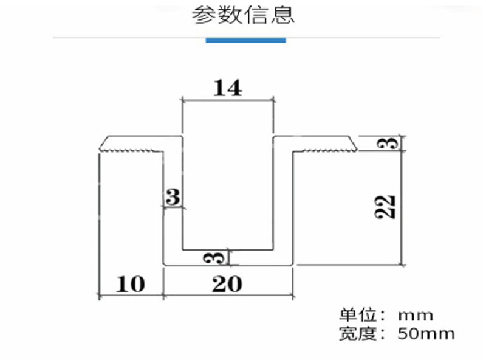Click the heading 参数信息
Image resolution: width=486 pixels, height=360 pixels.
point(243,15)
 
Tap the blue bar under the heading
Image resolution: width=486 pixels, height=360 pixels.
point(245,40)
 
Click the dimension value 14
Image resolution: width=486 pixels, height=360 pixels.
point(227,89)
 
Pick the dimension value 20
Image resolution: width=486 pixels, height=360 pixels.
point(227,284)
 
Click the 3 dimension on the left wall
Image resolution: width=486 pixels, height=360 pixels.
point(173,197)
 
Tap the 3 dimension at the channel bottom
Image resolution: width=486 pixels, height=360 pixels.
point(219,257)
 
